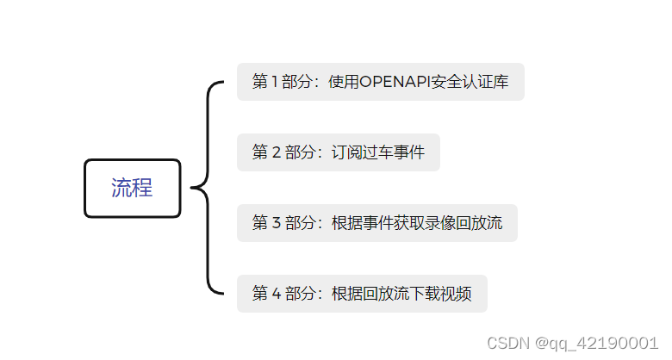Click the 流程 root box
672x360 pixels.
point(132,188)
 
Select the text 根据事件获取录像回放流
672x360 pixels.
point(417,223)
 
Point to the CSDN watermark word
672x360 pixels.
point(508,343)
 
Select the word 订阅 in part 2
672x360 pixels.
point(347,152)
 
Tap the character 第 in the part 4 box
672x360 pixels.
point(259,294)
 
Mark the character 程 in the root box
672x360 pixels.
point(142,188)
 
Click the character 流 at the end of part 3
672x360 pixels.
point(495,223)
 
